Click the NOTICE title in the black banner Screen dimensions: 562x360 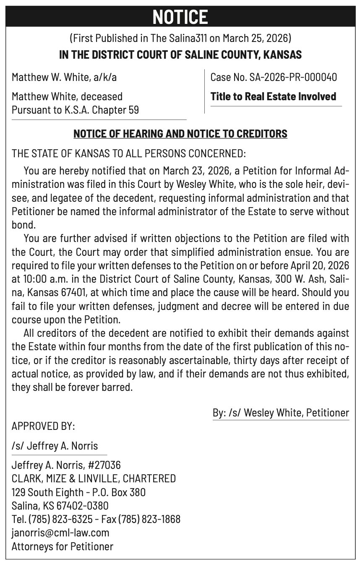tap(180, 17)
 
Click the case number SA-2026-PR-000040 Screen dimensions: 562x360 tap(293, 77)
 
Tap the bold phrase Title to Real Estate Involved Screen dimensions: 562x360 tap(273, 96)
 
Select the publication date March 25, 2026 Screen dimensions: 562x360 tap(256, 38)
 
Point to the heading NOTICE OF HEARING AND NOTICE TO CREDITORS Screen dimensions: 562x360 tap(180, 134)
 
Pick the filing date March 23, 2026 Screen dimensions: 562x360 tap(195, 171)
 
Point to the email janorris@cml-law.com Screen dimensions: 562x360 tap(60, 533)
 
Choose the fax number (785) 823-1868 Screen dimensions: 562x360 tap(149, 519)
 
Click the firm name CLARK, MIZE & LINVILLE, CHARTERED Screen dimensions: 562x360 tap(94, 479)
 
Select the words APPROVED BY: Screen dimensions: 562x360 tap(43, 427)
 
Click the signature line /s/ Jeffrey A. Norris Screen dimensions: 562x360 tap(55, 446)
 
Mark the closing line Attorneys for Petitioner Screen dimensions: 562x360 tap(63, 546)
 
